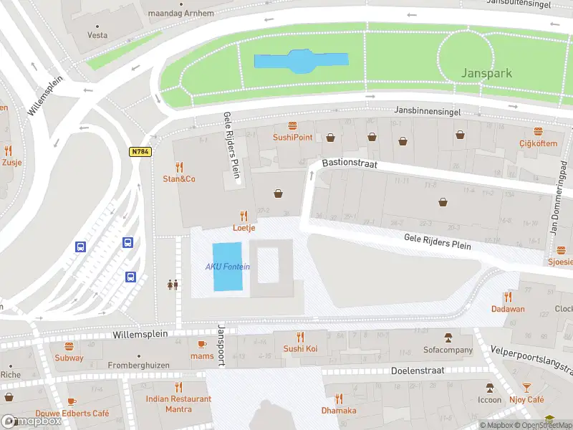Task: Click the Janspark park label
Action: pos(487,73)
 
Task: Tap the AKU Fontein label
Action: pos(228,267)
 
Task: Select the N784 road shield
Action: pos(139,151)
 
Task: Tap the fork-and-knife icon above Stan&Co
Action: pos(179,167)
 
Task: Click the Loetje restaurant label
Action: pos(244,228)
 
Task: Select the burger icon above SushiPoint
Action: pos(292,125)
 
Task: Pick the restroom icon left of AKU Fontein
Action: pos(172,285)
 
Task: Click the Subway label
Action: pos(69,358)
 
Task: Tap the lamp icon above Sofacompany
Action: pos(448,338)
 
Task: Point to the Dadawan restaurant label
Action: pos(508,309)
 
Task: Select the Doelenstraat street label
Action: pos(418,371)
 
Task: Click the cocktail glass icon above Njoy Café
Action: pos(526,387)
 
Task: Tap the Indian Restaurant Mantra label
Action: pos(178,404)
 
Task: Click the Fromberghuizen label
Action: pos(139,365)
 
